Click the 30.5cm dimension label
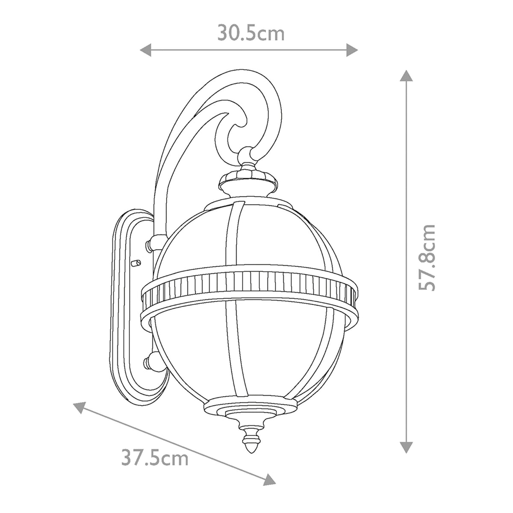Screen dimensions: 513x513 click(x=251, y=33)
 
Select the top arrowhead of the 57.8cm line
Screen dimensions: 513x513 click(x=406, y=76)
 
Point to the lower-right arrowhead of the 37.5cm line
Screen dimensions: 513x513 click(x=269, y=480)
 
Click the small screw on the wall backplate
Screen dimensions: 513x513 click(x=137, y=262)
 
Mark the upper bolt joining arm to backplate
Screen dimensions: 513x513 click(x=150, y=245)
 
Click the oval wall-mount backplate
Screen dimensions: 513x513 click(x=127, y=308)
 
